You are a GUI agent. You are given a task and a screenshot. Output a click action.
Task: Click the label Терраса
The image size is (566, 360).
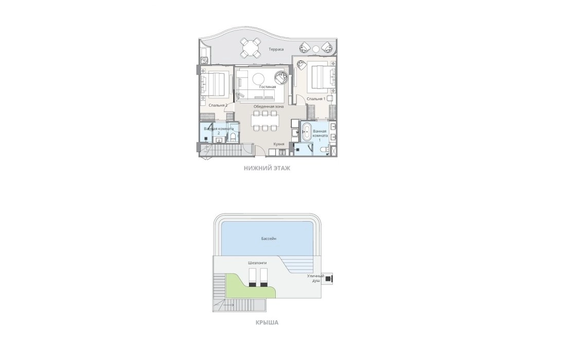276,49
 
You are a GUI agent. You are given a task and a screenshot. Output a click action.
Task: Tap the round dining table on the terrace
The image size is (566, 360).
250,48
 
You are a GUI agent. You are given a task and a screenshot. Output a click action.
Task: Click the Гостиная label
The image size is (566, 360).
267,86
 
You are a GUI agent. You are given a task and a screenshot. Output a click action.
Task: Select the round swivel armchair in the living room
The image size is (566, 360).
281,77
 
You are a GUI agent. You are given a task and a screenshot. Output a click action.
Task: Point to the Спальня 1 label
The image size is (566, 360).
316,98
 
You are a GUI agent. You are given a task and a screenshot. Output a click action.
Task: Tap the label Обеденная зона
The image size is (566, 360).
268,106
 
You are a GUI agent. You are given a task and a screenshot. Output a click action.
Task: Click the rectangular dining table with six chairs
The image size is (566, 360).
265,121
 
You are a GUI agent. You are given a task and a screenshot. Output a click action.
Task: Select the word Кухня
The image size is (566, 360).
279,144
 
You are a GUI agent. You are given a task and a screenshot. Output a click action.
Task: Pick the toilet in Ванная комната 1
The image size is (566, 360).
324,149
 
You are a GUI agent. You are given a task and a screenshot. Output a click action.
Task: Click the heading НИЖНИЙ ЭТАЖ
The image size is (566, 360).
267,168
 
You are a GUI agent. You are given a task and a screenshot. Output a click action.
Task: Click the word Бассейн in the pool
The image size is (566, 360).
269,239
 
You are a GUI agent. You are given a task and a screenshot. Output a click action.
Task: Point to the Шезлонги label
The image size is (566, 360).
257,263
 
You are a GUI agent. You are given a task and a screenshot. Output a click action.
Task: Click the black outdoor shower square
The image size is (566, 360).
328,278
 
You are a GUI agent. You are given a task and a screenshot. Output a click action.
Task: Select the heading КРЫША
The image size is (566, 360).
267,322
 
